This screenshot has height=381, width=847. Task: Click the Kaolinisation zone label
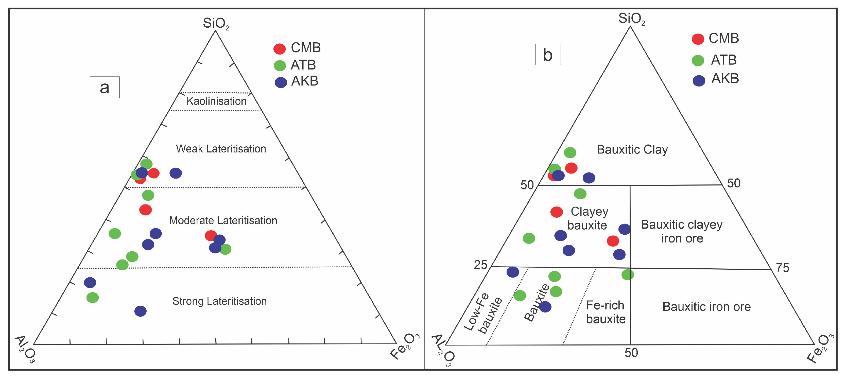click(216, 101)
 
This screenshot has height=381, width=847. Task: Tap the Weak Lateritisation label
click(221, 149)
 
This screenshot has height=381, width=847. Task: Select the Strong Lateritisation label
click(219, 301)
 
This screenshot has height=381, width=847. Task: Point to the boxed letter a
click(105, 88)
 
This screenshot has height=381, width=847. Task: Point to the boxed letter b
click(547, 55)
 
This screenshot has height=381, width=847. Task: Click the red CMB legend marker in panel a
click(280, 49)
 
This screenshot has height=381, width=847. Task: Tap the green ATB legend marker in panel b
click(698, 60)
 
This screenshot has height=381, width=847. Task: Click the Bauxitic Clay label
click(632, 150)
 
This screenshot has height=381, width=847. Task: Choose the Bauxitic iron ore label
click(706, 307)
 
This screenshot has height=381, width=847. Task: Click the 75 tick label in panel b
click(782, 268)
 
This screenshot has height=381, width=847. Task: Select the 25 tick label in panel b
click(480, 265)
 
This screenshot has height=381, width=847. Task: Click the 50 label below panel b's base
click(631, 353)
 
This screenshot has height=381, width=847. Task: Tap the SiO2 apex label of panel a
click(216, 23)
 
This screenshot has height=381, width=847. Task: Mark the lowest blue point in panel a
click(140, 311)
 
